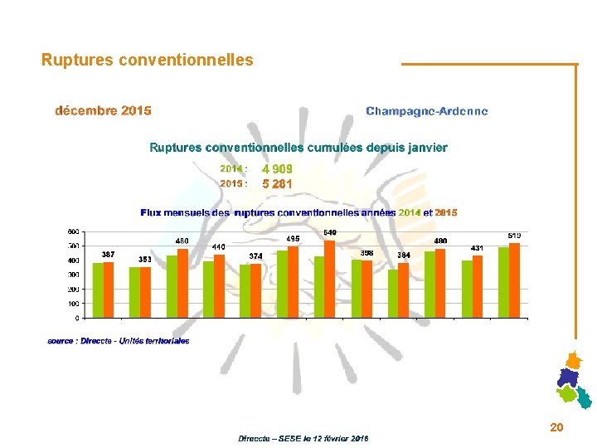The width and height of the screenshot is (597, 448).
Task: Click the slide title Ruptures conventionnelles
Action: tap(148, 60)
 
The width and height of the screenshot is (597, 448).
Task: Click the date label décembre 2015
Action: tap(103, 110)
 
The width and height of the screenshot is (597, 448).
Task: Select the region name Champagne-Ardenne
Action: tap(426, 111)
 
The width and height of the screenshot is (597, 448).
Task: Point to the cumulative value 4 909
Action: tap(277, 169)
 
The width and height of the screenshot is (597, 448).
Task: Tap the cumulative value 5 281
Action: tap(277, 184)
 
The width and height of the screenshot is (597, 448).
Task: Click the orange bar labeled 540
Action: tap(330, 279)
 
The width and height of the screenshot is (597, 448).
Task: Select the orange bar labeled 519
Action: tap(514, 280)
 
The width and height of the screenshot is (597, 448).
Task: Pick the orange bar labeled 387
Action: tap(109, 290)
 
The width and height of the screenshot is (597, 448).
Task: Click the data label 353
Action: tap(145, 260)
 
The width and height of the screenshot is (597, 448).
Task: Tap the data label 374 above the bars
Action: tap(256, 256)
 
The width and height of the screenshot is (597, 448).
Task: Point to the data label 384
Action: tap(404, 255)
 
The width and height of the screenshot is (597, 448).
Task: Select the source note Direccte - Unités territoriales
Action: tap(119, 341)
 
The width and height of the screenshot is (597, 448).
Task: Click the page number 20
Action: tap(556, 426)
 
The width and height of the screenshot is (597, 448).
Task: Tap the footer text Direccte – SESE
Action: tap(303, 438)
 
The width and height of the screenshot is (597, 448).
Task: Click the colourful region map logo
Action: tap(572, 382)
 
